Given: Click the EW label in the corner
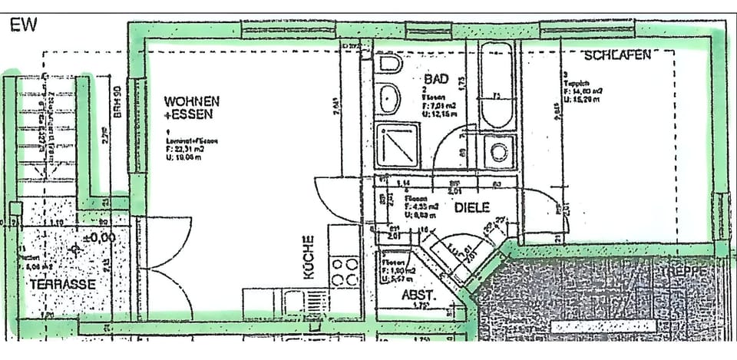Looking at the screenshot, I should [x=23, y=25].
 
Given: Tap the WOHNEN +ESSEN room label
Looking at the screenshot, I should [x=192, y=107].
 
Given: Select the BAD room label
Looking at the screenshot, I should [x=435, y=79].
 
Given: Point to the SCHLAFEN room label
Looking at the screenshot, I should [x=618, y=55].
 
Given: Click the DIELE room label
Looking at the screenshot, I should [x=471, y=207].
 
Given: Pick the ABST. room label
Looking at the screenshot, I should [x=419, y=294].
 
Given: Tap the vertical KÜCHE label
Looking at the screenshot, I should [x=309, y=260].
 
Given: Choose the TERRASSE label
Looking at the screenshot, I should [x=62, y=284].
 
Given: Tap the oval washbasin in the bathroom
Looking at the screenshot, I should [x=390, y=98].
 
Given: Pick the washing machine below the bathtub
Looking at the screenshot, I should [x=501, y=150].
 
